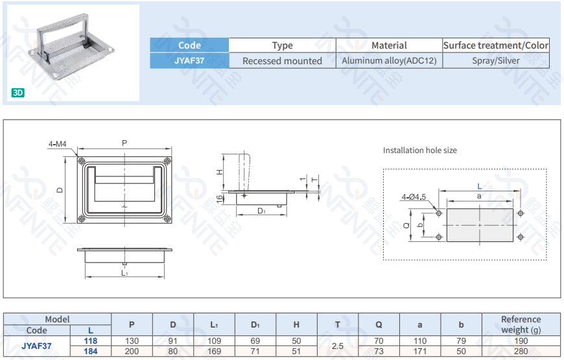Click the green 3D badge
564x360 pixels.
coord(18,93)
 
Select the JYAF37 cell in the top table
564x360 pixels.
coord(189,61)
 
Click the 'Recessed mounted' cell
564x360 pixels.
coord(282,61)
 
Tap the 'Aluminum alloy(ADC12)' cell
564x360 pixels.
coord(389,61)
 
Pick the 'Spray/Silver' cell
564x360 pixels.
coord(496,61)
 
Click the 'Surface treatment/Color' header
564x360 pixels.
coord(496,45)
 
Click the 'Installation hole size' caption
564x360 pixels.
coord(419,150)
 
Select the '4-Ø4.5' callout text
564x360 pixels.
coord(413,197)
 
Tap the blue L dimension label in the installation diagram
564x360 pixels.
coord(479,186)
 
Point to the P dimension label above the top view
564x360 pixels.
coord(124,143)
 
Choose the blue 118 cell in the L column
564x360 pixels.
coord(91,341)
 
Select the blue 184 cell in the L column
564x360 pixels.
coord(91,351)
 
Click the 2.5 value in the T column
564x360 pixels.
coord(337,346)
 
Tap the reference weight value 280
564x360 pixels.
coord(521,351)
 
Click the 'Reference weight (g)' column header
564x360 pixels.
coord(521,324)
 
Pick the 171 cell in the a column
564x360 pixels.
coord(419,351)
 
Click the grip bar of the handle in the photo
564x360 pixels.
coord(65,24)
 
